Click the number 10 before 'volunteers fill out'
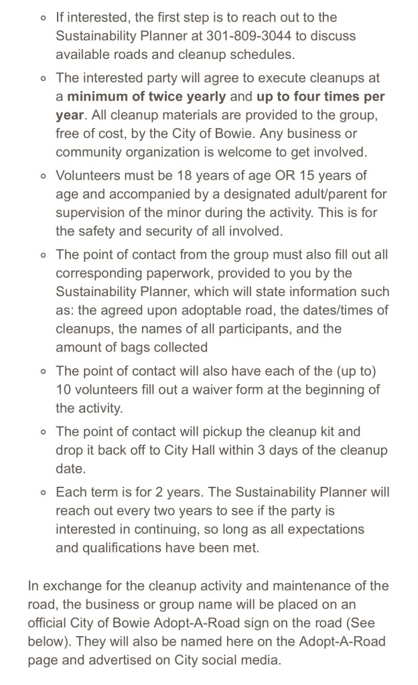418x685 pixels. (x=65, y=389)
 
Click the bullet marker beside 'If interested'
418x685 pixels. (x=42, y=17)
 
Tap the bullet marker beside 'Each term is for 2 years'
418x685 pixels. (x=42, y=492)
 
